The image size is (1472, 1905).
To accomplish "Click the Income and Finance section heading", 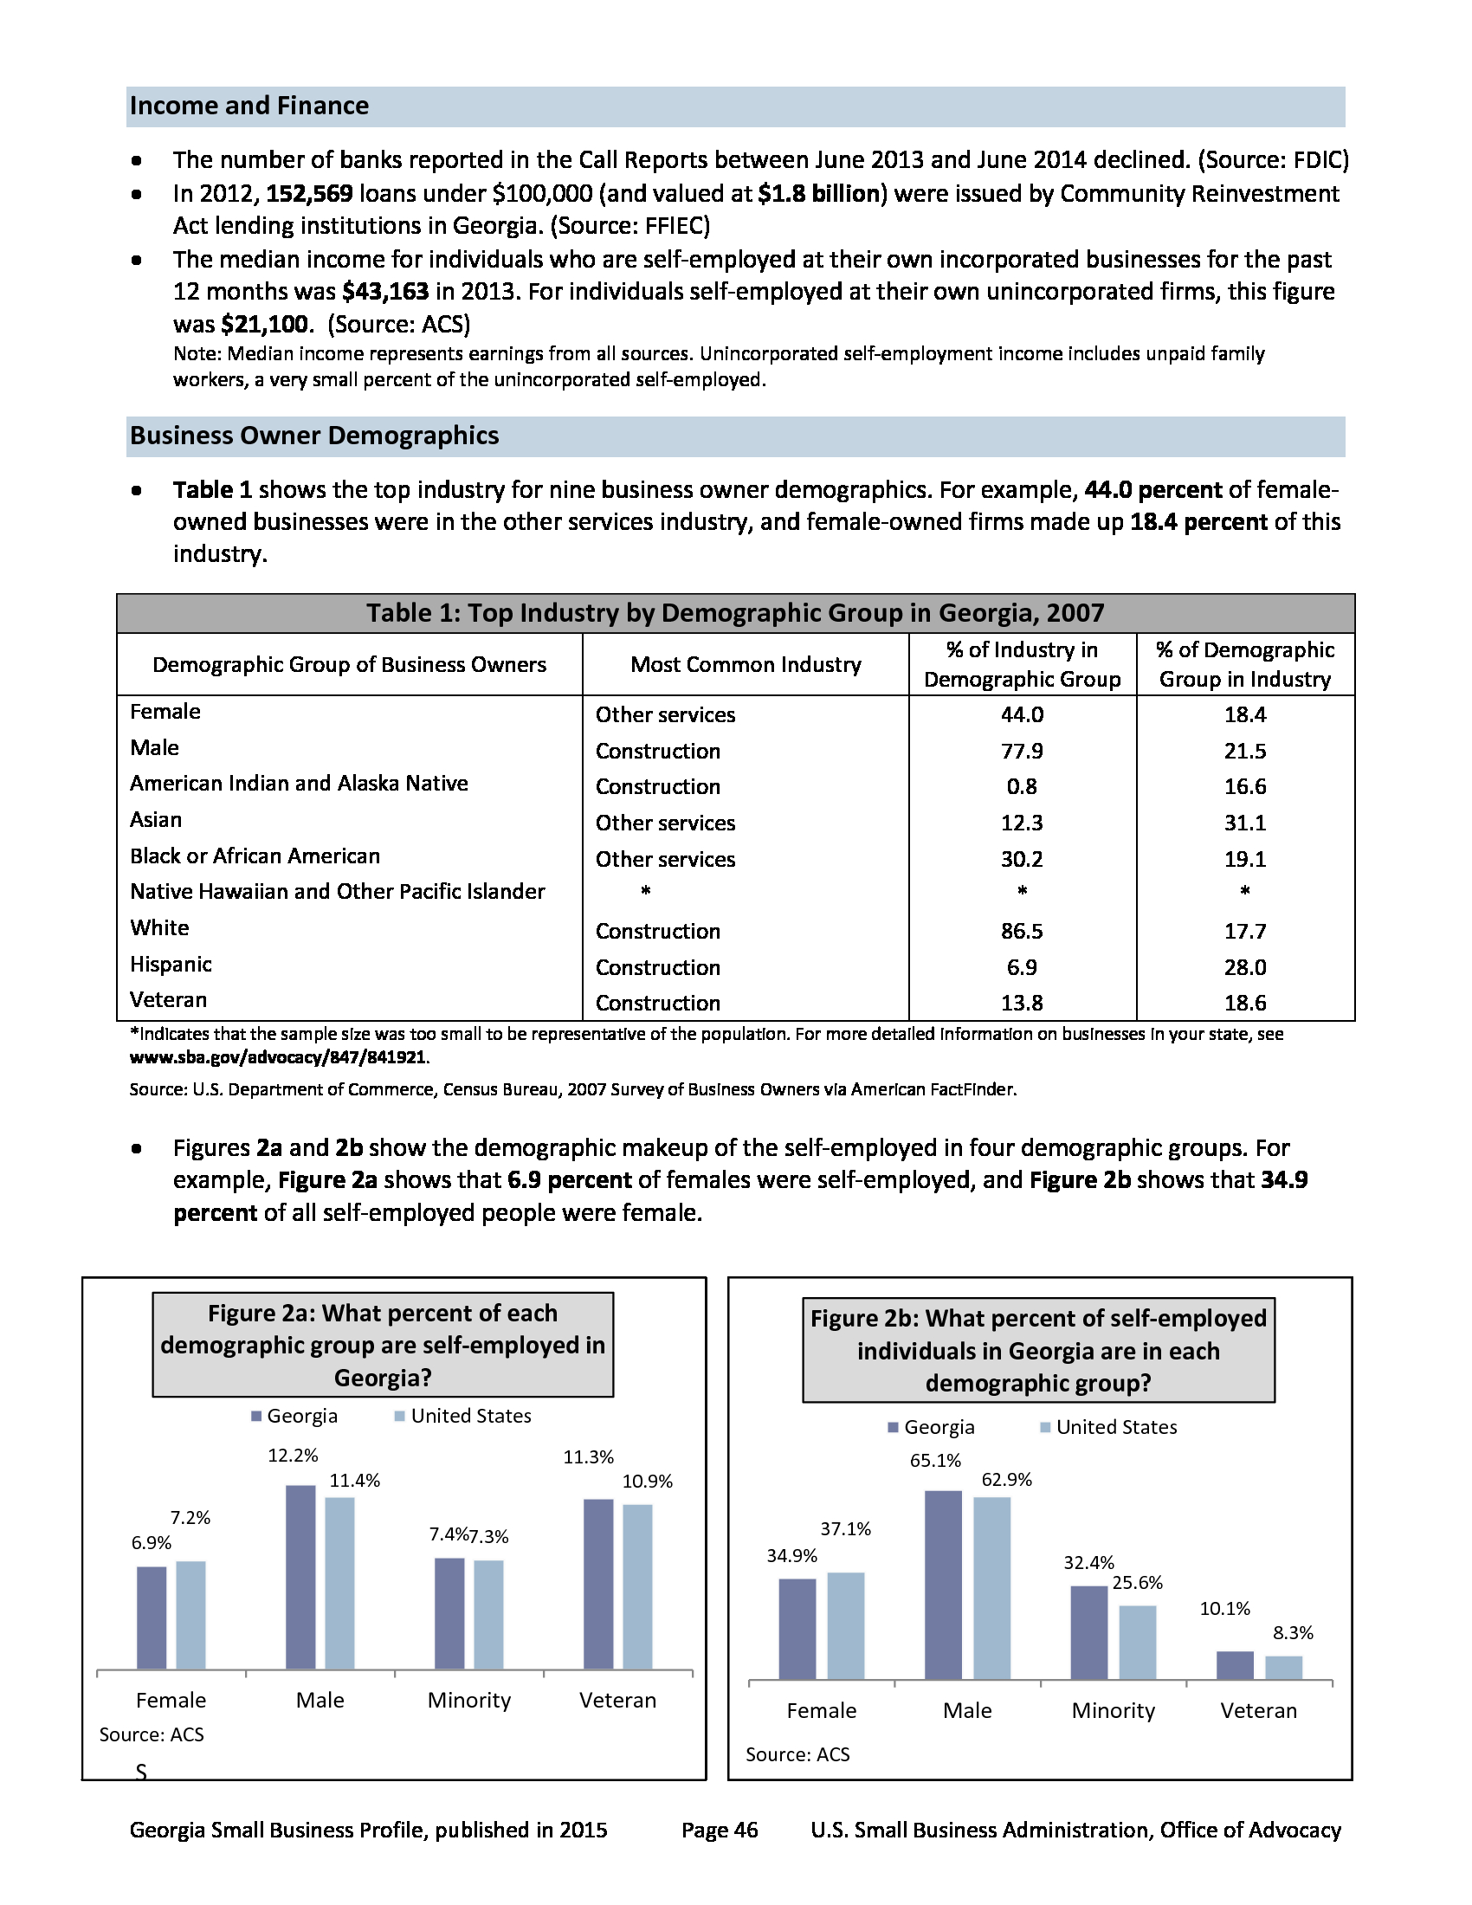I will pos(249,107).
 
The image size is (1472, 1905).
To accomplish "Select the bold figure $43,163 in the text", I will pos(385,291).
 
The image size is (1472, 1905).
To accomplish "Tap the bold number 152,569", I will pos(310,194).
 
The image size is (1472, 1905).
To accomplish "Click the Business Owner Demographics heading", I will pos(314,436).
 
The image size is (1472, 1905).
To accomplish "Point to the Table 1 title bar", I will pos(735,613).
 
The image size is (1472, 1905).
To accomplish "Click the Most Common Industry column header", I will pos(746,665).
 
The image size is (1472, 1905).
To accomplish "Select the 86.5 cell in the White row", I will pos(1022,931).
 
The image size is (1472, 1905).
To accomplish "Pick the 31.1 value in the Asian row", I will pos(1244,823).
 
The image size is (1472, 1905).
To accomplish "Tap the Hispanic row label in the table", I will pos(171,964).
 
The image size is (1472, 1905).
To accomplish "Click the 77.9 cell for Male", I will pos(1022,751).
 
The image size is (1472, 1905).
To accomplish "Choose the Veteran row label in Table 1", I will pos(168,999).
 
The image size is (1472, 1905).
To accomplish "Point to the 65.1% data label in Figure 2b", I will pos(935,1460).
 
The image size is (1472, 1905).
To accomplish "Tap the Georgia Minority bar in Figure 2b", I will pos(1089,1632).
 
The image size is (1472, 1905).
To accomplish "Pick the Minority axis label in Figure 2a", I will pos(469,1700).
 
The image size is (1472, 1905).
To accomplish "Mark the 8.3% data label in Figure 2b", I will pos(1293,1633).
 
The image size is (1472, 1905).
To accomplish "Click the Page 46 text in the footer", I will pos(720,1830).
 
